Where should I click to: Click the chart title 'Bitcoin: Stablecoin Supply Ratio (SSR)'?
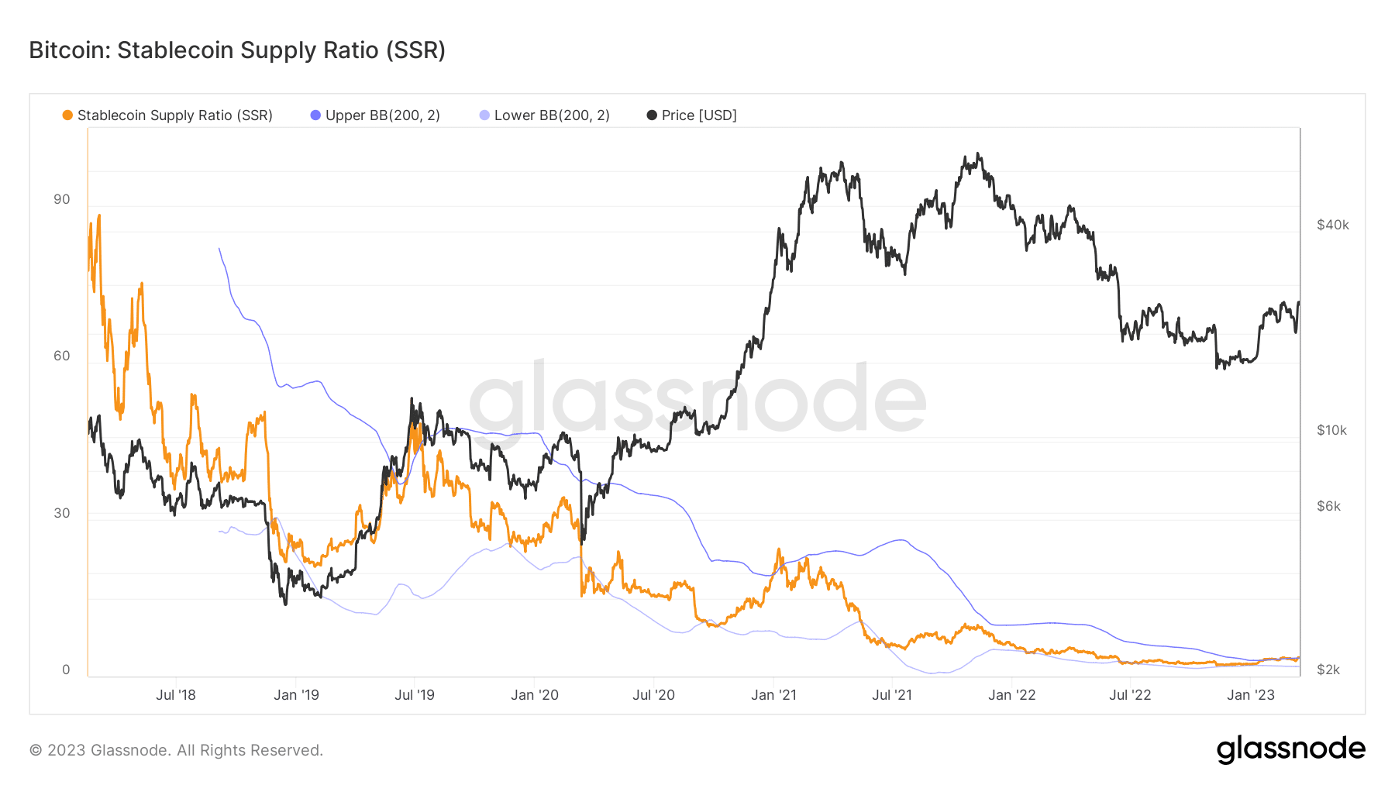[237, 50]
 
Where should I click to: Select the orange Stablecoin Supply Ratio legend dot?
[67, 115]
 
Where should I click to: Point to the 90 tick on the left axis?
[61, 199]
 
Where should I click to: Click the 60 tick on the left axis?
[61, 356]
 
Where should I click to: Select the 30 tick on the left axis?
[61, 513]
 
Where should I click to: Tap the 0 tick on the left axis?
[66, 670]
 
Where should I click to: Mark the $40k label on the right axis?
[1332, 225]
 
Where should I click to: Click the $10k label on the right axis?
[1331, 430]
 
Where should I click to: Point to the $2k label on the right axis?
[1328, 670]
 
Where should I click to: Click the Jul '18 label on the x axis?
[176, 695]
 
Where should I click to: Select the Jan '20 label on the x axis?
[535, 695]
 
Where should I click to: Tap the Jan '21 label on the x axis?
[773, 695]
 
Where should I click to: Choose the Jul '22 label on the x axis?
[1130, 695]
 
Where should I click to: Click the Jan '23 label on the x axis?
[1251, 695]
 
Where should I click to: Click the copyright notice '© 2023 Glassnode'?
[176, 750]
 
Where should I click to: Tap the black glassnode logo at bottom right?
[1290, 749]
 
